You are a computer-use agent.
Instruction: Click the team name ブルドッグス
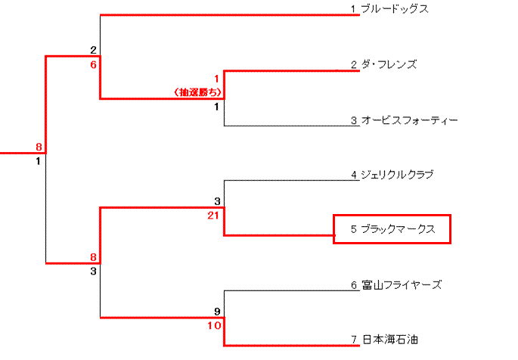tap(395, 9)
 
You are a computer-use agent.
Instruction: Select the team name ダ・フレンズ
tap(389, 65)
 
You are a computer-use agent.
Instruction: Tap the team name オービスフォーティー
tap(409, 120)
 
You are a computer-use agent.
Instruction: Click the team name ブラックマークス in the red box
tap(398, 229)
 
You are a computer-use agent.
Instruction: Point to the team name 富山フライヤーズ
tap(401, 285)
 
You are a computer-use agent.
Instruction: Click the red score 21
tap(216, 216)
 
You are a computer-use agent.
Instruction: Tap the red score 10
tap(216, 325)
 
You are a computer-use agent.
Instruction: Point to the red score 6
tap(94, 65)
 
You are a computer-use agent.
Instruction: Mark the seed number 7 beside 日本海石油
tap(353, 340)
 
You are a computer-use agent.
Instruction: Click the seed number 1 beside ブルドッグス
tap(353, 9)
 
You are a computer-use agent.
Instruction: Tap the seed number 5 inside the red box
tap(353, 229)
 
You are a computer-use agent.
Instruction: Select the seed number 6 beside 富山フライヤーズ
tap(353, 285)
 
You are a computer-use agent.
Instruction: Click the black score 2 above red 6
tap(94, 51)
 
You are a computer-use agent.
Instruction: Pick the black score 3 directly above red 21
tap(218, 202)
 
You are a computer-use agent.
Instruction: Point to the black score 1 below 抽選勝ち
tap(217, 107)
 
